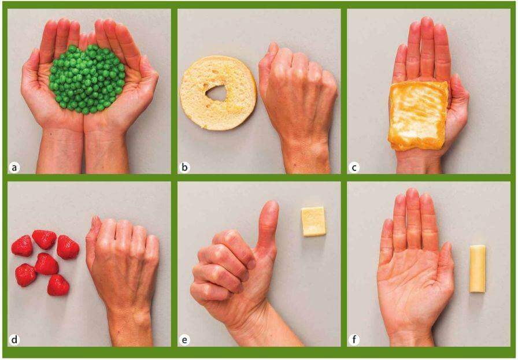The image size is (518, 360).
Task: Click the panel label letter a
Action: point(14,168)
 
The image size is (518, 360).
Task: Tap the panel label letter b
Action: point(184,168)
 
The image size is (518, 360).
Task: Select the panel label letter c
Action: point(354,168)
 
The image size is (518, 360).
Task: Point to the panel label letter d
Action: point(14,340)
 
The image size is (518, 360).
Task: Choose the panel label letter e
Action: point(184,340)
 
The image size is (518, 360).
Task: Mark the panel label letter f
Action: point(354,340)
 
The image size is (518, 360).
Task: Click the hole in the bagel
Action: point(216,93)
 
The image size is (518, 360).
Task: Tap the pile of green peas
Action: point(87,79)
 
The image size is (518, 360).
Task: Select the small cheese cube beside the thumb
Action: point(313,221)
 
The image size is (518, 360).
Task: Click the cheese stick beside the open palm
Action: point(478,269)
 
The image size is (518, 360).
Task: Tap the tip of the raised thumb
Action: point(271,204)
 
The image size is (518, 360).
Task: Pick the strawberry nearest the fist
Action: point(68,247)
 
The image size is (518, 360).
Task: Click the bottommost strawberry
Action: point(58,285)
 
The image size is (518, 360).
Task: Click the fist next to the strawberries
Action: point(123,261)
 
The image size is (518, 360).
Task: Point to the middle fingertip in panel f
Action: point(412,193)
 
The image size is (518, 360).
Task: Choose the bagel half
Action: point(218,93)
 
